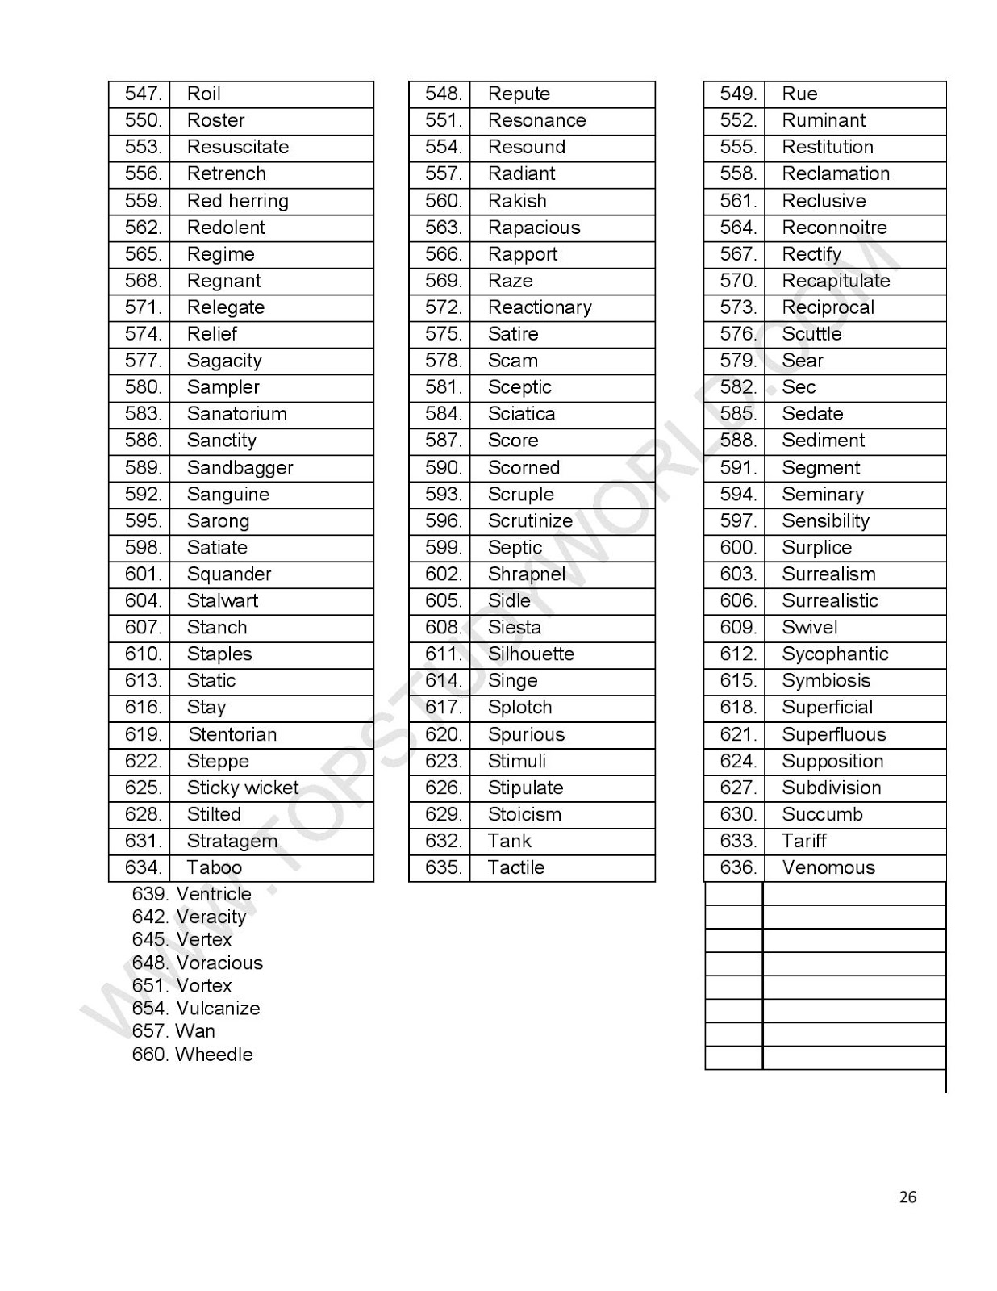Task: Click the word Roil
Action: (x=203, y=94)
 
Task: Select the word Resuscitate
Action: (x=237, y=147)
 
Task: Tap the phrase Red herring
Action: (x=237, y=201)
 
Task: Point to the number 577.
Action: (x=143, y=361)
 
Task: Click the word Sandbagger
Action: (x=240, y=468)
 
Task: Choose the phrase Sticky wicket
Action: (x=242, y=788)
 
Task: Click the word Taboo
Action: (x=214, y=867)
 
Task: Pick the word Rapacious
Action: (x=533, y=228)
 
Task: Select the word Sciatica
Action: (x=521, y=414)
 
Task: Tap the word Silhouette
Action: (x=531, y=654)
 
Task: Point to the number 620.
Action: (x=443, y=734)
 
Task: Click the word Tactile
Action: (x=516, y=867)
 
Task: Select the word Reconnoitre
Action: (x=834, y=228)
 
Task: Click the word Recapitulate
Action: (x=836, y=281)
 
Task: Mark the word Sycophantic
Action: (x=835, y=654)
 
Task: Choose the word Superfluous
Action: (x=833, y=734)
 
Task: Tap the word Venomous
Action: (x=828, y=867)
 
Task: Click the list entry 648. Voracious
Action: (x=197, y=963)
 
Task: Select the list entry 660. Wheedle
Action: (x=192, y=1055)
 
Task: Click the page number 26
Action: (x=907, y=1197)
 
